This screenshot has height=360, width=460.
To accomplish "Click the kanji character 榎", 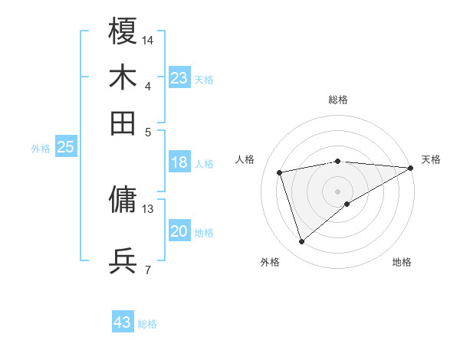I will click(x=123, y=31).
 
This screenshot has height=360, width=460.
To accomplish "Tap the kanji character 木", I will click(x=123, y=77).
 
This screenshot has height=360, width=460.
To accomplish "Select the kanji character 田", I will click(x=123, y=122).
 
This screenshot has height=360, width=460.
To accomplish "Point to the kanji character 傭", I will click(x=123, y=199).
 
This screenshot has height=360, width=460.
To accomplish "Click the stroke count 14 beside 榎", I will click(x=148, y=40).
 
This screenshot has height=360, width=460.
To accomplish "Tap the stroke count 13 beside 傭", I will click(x=148, y=208).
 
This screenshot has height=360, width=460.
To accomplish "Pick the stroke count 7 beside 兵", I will click(x=148, y=270).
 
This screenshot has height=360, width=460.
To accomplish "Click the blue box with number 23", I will click(x=179, y=78).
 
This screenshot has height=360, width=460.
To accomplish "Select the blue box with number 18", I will click(x=179, y=162).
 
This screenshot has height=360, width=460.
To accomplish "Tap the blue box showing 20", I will click(x=179, y=231).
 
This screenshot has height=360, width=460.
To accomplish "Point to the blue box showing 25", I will click(x=65, y=148).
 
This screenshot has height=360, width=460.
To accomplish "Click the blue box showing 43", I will click(x=123, y=322).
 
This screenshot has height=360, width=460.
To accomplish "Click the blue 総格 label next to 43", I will click(x=147, y=324).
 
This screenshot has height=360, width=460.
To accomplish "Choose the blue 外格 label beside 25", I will click(x=41, y=149).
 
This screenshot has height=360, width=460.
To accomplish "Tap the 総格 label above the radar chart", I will click(x=337, y=100).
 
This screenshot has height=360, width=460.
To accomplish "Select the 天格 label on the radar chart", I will click(x=431, y=159).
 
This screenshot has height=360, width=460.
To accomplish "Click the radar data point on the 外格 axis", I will click(x=301, y=242).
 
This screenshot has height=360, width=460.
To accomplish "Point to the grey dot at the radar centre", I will click(x=337, y=191).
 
